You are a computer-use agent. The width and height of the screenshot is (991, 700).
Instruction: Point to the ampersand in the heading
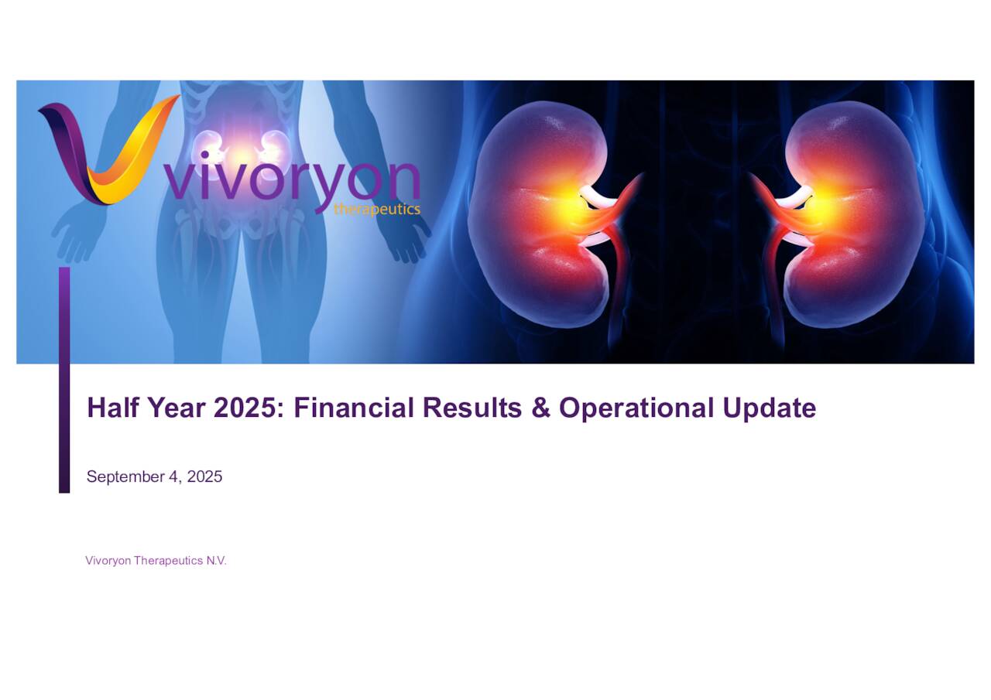coord(540,408)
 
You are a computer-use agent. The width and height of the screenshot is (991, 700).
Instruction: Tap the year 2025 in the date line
coord(204,476)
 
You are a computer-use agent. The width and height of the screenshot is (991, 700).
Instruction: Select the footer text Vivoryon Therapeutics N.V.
coord(156,561)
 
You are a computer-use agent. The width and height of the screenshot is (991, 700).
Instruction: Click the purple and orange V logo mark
coord(105,151)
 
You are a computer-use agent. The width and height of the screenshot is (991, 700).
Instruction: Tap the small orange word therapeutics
coord(377,210)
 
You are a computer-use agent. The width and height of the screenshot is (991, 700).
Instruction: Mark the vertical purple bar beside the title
coord(64,379)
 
